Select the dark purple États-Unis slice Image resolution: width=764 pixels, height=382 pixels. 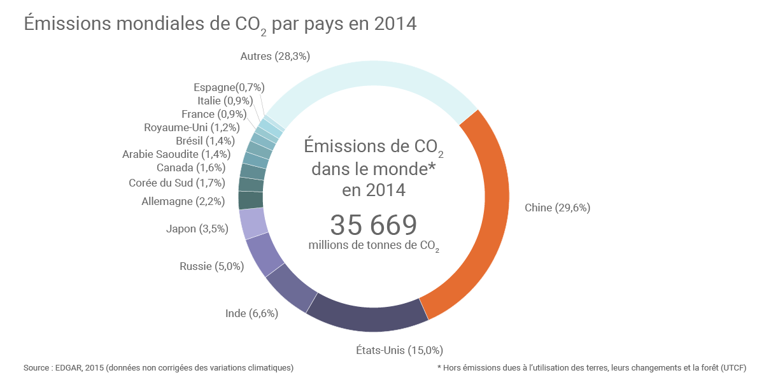(366, 315)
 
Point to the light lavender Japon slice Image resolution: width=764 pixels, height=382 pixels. (253, 223)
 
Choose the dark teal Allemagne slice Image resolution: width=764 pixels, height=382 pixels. (250, 200)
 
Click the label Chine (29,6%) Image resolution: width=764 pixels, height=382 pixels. (557, 208)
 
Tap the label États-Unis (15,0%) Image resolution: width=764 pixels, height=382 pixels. (399, 350)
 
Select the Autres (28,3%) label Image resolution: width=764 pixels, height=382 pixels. (275, 56)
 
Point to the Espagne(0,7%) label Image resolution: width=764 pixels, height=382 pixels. (229, 87)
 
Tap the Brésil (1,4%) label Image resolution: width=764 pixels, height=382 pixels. (205, 141)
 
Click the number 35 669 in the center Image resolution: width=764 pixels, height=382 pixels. (373, 225)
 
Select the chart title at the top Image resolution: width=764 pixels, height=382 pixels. (220, 24)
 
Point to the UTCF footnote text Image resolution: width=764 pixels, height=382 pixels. (591, 368)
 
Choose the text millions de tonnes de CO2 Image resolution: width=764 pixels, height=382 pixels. (373, 246)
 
